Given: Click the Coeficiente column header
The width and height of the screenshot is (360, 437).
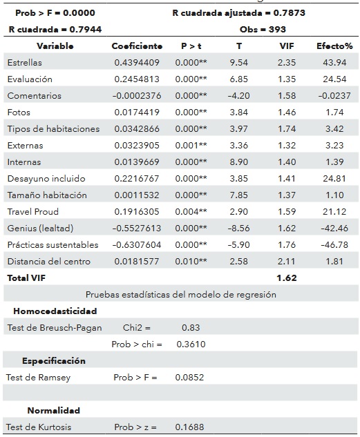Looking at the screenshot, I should coord(137,46).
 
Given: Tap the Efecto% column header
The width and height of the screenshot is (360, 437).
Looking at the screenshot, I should coord(334,46).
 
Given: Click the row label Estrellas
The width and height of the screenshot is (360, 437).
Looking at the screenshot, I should coord(24,63).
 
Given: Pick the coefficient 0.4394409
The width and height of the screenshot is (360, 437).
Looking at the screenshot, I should coord(138,63).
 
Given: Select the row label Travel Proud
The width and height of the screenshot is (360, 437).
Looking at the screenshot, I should coord(32,211).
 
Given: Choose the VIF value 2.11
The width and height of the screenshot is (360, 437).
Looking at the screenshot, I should coord(285,261).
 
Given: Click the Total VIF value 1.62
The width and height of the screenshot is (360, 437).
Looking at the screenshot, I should coord(285,278).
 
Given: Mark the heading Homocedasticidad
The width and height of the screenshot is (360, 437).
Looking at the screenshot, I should coord(55,311).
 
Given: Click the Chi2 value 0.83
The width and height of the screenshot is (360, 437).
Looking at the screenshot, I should coord(191,327).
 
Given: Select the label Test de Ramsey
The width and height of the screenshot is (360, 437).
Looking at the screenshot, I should coord(39,378).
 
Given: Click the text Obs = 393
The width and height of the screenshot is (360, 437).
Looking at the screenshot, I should coord(263,30).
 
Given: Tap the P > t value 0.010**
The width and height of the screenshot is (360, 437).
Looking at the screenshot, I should coord(193,261).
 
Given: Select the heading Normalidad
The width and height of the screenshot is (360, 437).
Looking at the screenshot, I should coord(53,411).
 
